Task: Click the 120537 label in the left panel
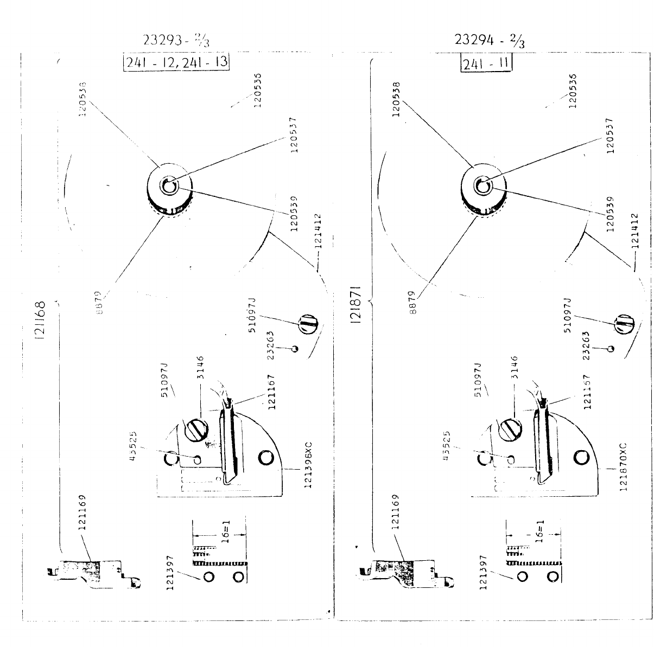(x=294, y=136)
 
